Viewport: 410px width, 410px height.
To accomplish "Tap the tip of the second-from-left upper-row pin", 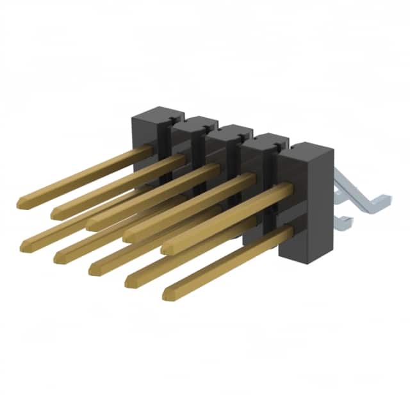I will (55, 213).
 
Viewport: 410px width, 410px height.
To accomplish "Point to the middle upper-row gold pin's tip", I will (91, 224).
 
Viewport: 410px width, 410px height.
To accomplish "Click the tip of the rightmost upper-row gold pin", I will (166, 247).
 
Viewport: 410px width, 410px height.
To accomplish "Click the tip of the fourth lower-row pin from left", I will (129, 281).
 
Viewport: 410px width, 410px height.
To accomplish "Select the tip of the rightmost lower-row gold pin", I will (167, 293).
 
